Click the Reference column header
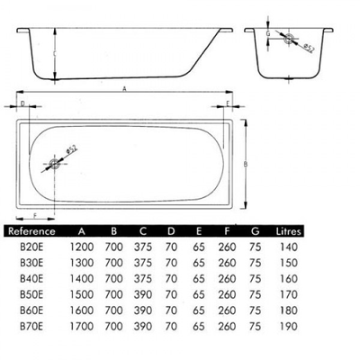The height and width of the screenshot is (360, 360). (x=31, y=231)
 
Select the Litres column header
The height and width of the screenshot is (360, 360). (x=288, y=231)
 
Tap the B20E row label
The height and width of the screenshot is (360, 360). (x=31, y=247)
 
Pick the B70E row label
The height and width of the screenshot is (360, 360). (x=31, y=326)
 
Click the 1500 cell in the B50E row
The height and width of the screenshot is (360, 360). (x=82, y=294)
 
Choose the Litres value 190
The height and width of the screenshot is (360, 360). (x=288, y=326)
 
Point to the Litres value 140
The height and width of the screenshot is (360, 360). (x=288, y=247)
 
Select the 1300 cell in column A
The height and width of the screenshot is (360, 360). (x=82, y=263)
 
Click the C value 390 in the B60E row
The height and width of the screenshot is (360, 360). (x=143, y=310)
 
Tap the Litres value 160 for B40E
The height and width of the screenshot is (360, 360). (x=288, y=279)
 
